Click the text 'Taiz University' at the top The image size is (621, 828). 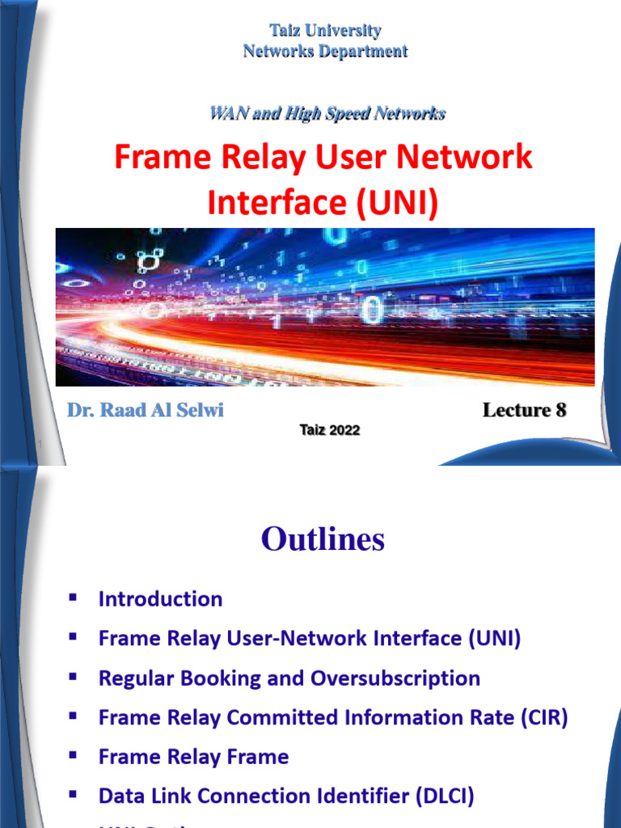click(x=325, y=31)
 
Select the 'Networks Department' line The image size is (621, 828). click(x=325, y=52)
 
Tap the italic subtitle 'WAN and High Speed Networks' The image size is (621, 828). click(x=327, y=113)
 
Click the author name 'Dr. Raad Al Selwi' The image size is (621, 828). click(x=146, y=410)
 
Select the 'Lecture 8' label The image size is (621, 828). click(x=524, y=410)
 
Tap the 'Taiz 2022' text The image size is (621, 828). click(x=329, y=430)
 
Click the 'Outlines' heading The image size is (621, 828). click(x=323, y=540)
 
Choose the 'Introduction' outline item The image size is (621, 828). click(x=160, y=599)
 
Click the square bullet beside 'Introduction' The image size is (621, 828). click(x=74, y=598)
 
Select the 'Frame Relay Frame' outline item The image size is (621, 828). click(x=193, y=757)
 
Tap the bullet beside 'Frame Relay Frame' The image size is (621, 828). click(x=74, y=756)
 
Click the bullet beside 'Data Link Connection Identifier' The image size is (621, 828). click(x=74, y=796)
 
